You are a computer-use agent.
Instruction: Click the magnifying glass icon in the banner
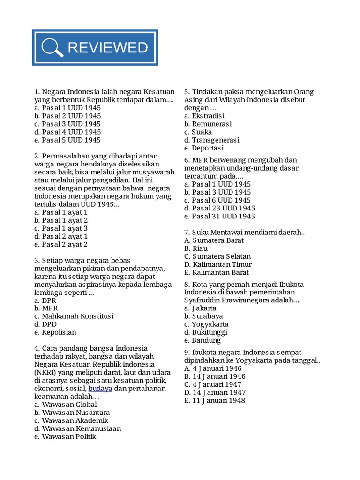[52, 48]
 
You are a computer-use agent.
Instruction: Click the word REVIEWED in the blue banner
[108, 47]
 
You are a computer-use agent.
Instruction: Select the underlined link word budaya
[100, 388]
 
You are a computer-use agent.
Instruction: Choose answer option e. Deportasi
[204, 148]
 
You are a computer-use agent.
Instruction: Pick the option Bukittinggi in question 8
[206, 332]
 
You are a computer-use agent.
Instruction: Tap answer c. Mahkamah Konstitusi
[74, 316]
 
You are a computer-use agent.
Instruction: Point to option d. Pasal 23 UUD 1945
[219, 208]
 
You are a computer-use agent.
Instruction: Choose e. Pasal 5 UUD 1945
[67, 140]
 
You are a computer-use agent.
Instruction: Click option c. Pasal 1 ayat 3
[61, 228]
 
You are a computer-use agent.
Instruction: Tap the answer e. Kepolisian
[55, 332]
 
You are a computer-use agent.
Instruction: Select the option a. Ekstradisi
[204, 116]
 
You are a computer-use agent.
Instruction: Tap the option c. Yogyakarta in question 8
[206, 324]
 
